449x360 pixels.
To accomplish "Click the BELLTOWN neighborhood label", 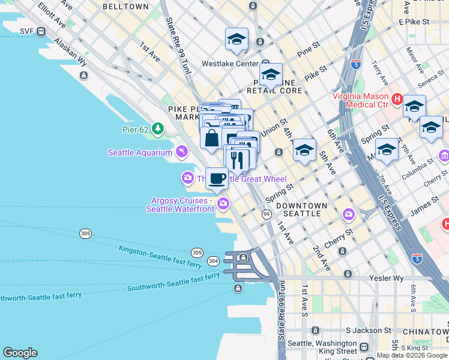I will pos(125,7).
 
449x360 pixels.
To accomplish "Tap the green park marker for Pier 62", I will pos(158,128).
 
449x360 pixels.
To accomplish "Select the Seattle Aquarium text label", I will pos(140,152).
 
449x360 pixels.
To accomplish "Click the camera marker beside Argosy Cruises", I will pos(223,204).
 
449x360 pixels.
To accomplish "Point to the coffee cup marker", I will pos(217,178).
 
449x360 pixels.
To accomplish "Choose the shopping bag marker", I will pos(211,138).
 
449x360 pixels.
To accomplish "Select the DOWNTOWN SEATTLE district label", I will pos(301,210).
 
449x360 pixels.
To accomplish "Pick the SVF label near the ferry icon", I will pos(26,31).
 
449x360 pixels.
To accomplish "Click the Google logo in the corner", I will pos(20,353).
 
